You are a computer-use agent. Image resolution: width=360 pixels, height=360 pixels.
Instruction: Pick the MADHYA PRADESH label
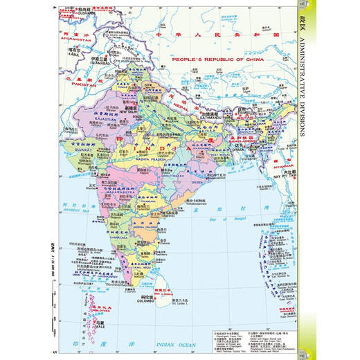(x=145, y=154)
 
